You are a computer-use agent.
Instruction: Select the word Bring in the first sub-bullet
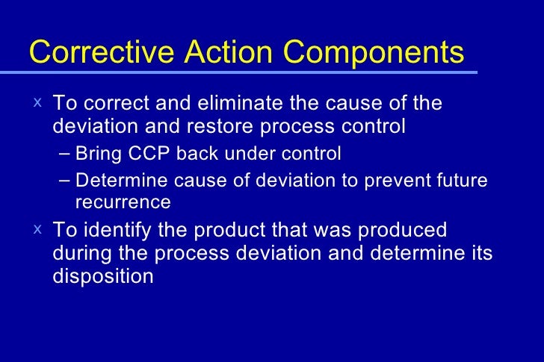point(96,154)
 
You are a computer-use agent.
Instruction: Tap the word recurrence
point(123,202)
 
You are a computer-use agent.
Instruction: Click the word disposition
point(103,276)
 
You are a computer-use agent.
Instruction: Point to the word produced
point(404,229)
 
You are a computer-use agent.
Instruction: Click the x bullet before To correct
point(37,101)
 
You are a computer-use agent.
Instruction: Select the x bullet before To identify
point(37,228)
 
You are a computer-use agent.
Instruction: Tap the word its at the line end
point(479,253)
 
